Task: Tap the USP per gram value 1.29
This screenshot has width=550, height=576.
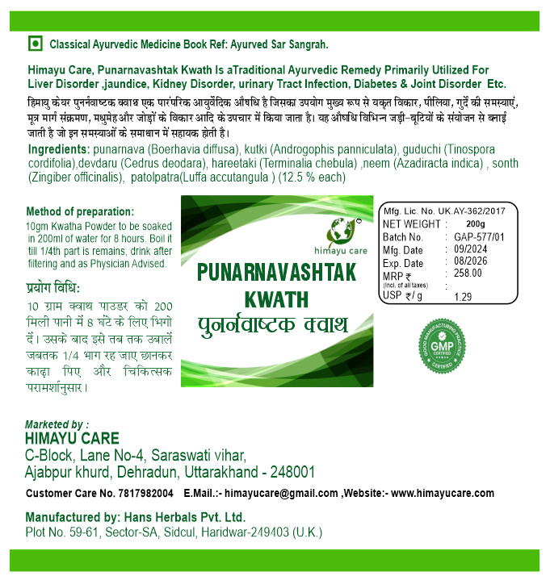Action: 463,297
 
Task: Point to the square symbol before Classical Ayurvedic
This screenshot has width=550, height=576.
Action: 35,44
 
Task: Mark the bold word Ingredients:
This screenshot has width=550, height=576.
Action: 58,150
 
